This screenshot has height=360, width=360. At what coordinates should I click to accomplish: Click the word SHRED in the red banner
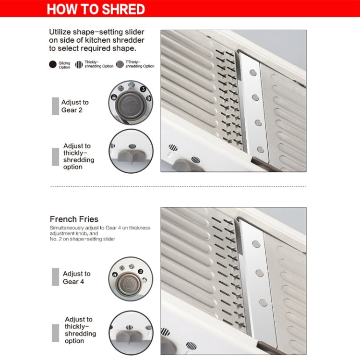(x=123, y=9)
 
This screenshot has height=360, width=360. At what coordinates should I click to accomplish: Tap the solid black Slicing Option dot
(x=53, y=64)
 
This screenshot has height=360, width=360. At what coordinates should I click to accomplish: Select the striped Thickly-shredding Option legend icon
(x=79, y=64)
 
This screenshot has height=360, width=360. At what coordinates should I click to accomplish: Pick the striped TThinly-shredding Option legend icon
(x=120, y=64)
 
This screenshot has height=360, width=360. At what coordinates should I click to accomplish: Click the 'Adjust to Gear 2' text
(x=75, y=106)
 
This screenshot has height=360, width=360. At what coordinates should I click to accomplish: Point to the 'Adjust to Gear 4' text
(x=76, y=277)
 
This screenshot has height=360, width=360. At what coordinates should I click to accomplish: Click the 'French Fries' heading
(x=74, y=219)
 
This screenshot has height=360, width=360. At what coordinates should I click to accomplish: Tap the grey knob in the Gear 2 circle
(x=131, y=105)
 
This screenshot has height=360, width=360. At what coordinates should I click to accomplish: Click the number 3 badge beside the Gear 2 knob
(x=143, y=89)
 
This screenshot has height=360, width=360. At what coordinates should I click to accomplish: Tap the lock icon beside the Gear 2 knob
(x=114, y=97)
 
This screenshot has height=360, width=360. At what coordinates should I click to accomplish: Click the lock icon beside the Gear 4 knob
(x=115, y=275)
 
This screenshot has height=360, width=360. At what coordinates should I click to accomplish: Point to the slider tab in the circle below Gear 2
(x=131, y=156)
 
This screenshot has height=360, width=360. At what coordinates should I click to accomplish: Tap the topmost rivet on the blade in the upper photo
(x=253, y=73)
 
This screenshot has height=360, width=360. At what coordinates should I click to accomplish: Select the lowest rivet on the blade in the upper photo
(x=261, y=150)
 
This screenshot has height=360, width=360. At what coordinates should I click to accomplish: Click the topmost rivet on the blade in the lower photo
(x=256, y=244)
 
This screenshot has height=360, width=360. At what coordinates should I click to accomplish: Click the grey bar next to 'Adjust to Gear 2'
(x=55, y=106)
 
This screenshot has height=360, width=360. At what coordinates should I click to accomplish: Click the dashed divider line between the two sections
(x=178, y=187)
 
